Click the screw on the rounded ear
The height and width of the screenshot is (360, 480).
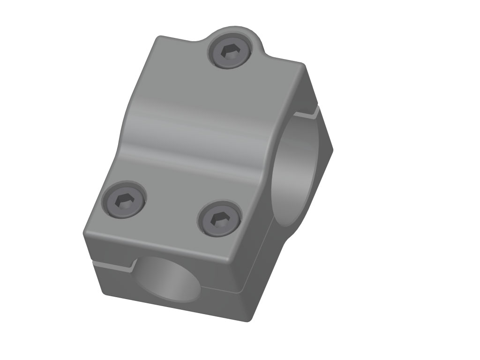point(230,52)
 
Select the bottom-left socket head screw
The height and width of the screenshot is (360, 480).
point(124,201)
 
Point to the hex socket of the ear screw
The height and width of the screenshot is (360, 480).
point(230,51)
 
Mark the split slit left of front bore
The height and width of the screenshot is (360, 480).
point(112,266)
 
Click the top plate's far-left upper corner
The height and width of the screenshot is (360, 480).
point(160,38)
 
